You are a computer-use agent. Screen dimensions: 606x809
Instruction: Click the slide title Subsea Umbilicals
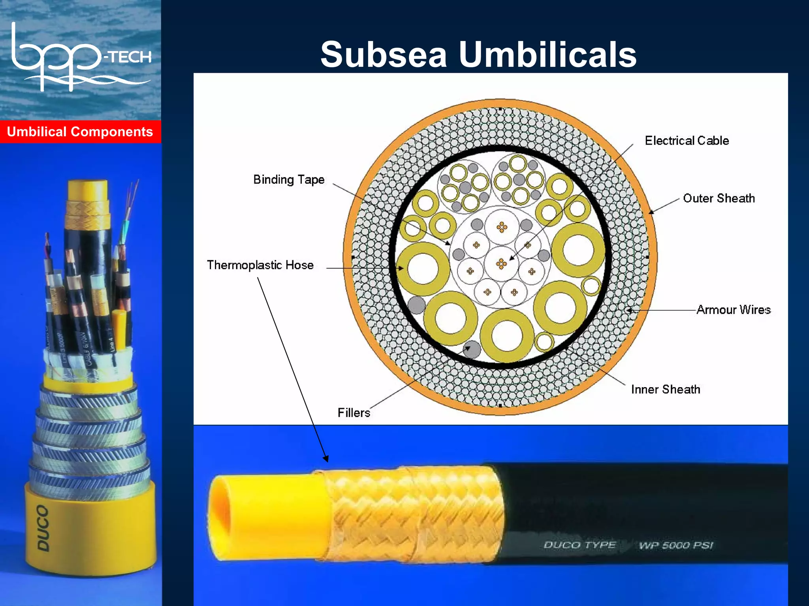pos(478,55)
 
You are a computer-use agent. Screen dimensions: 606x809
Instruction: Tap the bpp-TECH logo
pos(81,57)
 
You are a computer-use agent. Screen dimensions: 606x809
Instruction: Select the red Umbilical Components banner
pos(80,132)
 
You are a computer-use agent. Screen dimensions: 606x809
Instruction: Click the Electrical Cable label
pos(687,141)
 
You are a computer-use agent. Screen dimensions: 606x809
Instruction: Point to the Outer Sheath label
pos(719,198)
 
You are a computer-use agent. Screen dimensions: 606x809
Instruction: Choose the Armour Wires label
pos(733,310)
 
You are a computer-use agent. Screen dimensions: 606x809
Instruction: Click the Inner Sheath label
pos(665,390)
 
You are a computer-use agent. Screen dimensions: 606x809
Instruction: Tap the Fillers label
pos(354,413)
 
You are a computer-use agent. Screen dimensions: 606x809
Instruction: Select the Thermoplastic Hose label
pos(260,265)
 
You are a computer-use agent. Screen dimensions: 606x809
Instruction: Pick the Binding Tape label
pos(289,180)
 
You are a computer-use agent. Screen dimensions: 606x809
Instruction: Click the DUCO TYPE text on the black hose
pos(579,545)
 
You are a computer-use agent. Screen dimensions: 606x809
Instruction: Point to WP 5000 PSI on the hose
pos(676,546)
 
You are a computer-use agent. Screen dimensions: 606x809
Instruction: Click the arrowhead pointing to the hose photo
pos(325,458)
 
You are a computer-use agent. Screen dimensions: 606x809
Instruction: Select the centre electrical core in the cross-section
pos(501,263)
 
